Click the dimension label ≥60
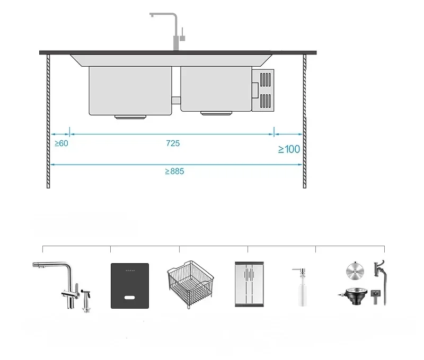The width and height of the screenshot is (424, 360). [x=61, y=143]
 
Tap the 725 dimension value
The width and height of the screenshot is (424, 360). [x=173, y=143]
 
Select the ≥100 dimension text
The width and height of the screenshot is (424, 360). [x=289, y=149]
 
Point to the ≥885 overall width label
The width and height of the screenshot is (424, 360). [x=174, y=171]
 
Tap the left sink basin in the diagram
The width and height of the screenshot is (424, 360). [x=130, y=91]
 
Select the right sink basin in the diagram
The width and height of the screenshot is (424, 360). [x=216, y=89]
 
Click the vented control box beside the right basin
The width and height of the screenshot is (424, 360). [x=263, y=90]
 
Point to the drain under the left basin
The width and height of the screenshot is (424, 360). [x=130, y=117]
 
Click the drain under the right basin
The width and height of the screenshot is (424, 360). [x=216, y=113]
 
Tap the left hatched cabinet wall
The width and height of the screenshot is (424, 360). [x=48, y=121]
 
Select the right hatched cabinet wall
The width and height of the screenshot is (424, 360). [x=305, y=121]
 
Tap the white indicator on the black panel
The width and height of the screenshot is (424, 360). [x=129, y=298]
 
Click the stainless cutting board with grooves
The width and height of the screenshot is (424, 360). [x=249, y=284]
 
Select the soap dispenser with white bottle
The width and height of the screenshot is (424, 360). [x=302, y=287]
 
